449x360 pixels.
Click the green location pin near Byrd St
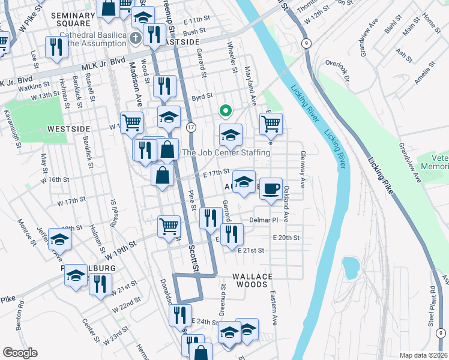pyautogui.click(x=225, y=110)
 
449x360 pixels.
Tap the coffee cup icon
pyautogui.click(x=270, y=189)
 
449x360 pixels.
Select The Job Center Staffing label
pyautogui.click(x=226, y=153)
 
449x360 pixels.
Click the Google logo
pyautogui.click(x=20, y=353)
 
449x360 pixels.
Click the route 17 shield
pyautogui.click(x=191, y=127)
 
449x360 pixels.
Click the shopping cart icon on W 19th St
pyautogui.click(x=169, y=227)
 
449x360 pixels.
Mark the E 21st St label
pyautogui.click(x=251, y=250)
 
